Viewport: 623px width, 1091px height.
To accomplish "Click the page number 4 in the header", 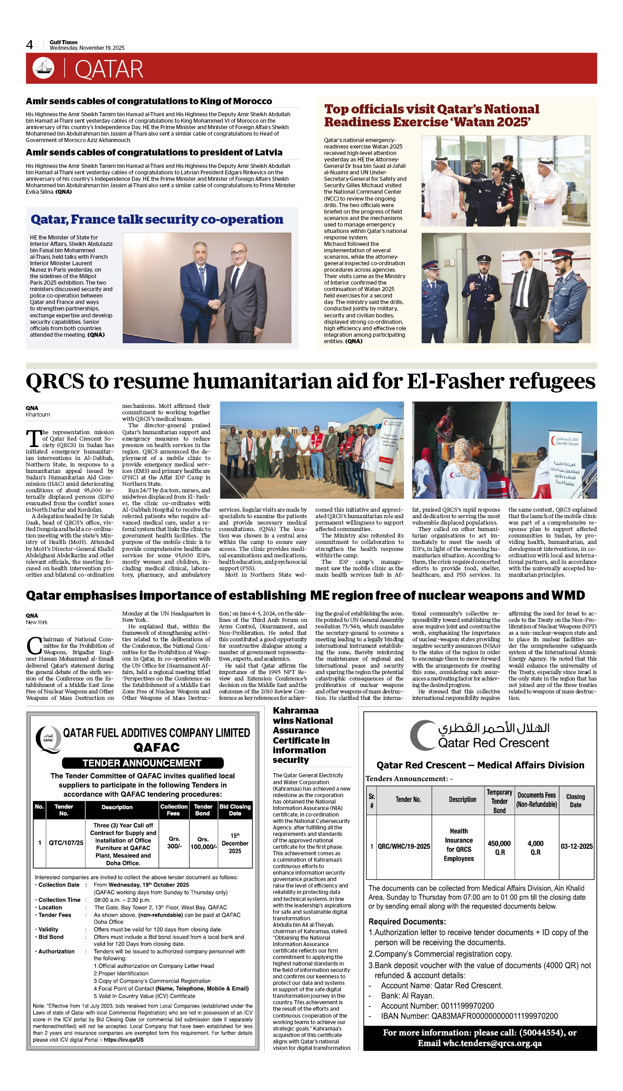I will point(30,45).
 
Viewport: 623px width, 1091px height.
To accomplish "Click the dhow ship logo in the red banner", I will point(43,68).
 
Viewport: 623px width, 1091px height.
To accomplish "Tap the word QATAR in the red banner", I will point(109,70).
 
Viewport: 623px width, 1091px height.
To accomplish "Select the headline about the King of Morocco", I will point(148,101).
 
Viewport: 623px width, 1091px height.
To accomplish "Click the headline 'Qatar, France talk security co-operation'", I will point(157,220).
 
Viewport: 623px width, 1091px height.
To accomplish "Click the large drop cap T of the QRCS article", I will point(33,440).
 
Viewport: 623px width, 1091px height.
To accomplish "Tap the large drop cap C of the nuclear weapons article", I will point(34,646).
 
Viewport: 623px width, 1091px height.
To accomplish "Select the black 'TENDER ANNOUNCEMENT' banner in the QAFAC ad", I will point(142,763).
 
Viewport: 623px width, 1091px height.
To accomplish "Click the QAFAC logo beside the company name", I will point(48,739).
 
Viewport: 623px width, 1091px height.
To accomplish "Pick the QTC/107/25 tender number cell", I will point(66,843).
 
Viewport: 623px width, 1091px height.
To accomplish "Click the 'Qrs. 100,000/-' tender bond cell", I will point(203,843).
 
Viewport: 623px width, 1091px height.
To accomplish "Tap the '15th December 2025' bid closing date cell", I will point(235,843).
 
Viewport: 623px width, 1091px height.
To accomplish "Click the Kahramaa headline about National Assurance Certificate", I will point(302,735).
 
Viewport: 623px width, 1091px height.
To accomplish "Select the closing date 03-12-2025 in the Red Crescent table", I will point(576,847).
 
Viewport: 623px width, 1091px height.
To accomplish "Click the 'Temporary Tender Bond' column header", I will point(499,801).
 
